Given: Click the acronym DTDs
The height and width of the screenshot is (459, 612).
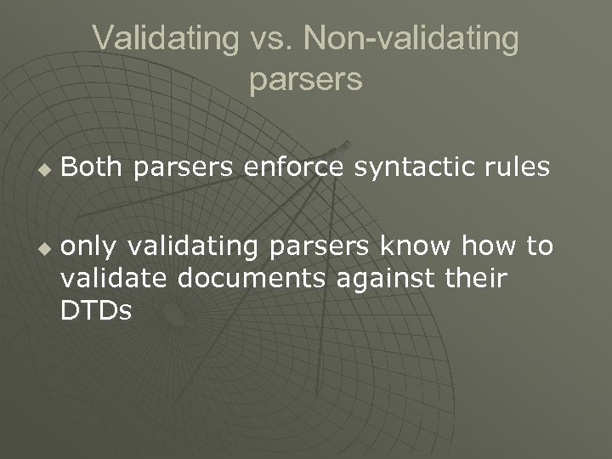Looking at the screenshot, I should [x=96, y=311].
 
